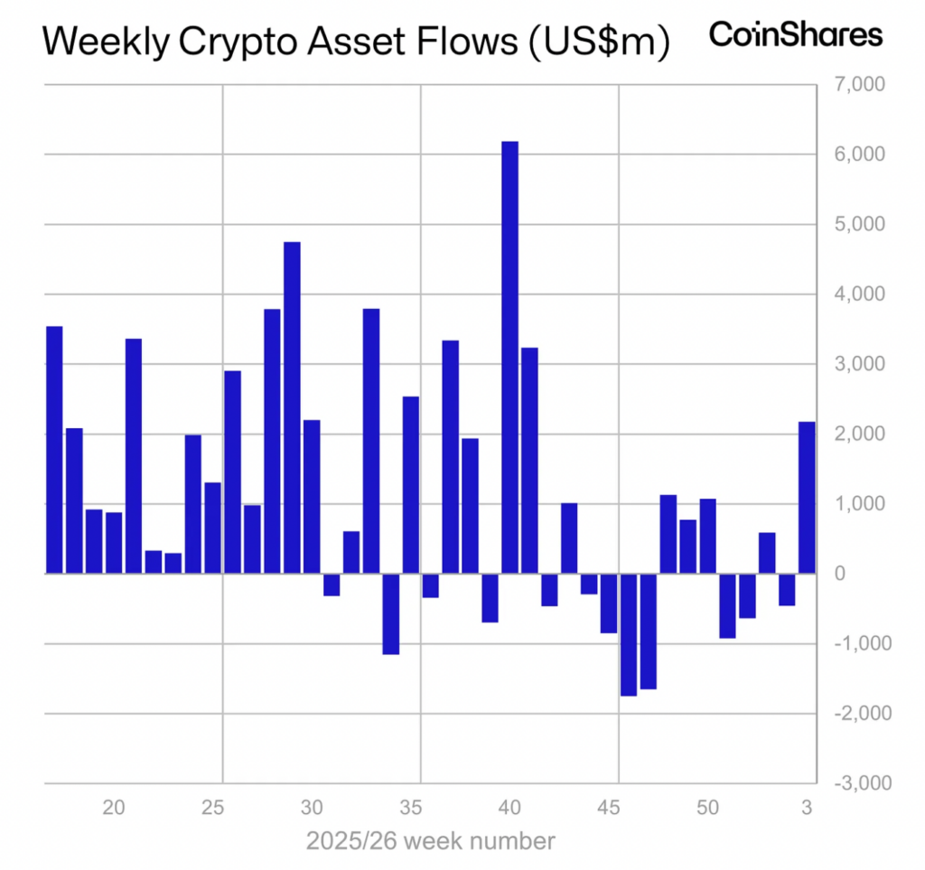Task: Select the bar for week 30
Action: point(312,497)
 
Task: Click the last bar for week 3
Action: point(807,498)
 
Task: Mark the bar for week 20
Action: point(114,543)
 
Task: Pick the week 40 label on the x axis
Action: point(509,806)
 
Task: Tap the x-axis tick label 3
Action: point(808,806)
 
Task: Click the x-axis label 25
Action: point(213,806)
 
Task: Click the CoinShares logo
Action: point(795,34)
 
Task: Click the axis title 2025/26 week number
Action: point(430,842)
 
